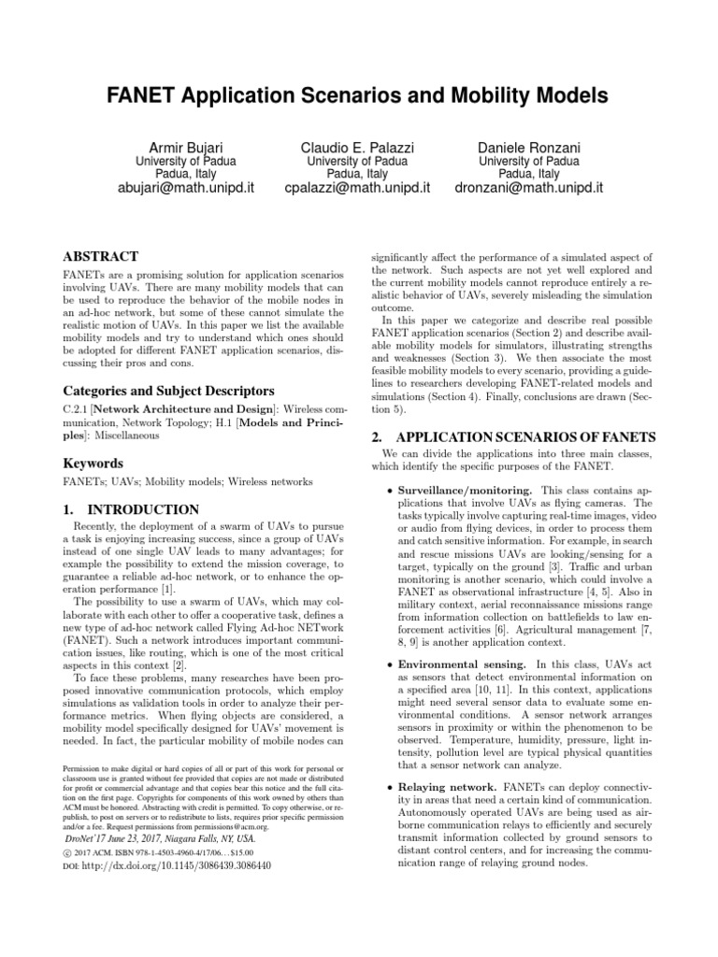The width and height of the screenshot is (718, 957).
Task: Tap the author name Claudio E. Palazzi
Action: (x=358, y=148)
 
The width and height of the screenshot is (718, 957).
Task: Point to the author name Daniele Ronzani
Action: (x=529, y=148)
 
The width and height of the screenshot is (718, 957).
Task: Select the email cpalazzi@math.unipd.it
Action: (x=358, y=188)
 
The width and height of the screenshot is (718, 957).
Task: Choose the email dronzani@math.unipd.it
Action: (x=529, y=188)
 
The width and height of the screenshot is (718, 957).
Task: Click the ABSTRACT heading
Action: (x=100, y=257)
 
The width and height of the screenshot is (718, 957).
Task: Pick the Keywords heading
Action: (x=93, y=464)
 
